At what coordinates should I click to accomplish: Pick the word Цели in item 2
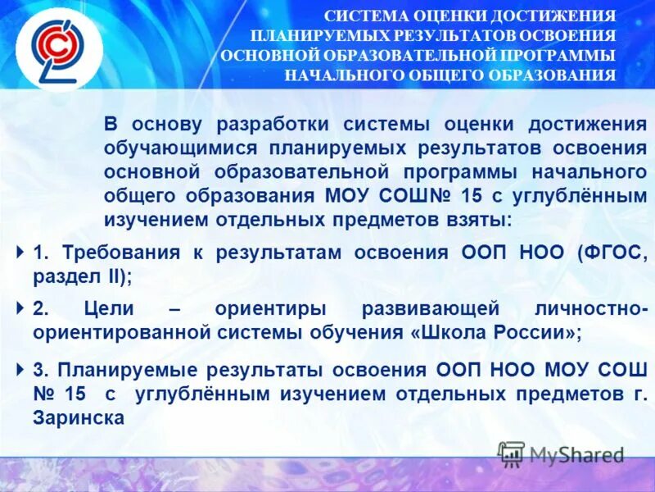[x=107, y=310]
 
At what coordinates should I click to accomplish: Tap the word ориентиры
[x=271, y=310]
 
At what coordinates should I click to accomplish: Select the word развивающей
[x=431, y=310]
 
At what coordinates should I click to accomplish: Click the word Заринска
[x=79, y=417]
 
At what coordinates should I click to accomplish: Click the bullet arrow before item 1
[x=20, y=252]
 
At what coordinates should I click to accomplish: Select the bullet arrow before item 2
[x=20, y=308]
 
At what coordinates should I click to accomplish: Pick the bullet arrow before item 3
[x=20, y=369]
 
